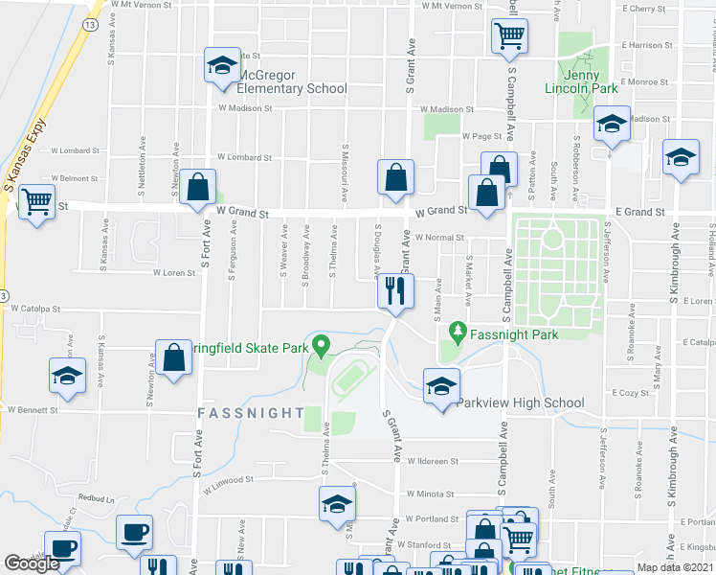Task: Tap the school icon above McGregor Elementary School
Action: [222, 65]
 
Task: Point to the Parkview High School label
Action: [520, 402]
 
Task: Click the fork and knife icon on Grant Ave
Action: [395, 288]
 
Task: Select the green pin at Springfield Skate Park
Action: [323, 344]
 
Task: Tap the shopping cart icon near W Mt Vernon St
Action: [509, 35]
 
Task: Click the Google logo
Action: [32, 563]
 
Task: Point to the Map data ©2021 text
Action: [675, 567]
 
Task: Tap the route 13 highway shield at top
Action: [89, 24]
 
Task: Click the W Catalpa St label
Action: [36, 309]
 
